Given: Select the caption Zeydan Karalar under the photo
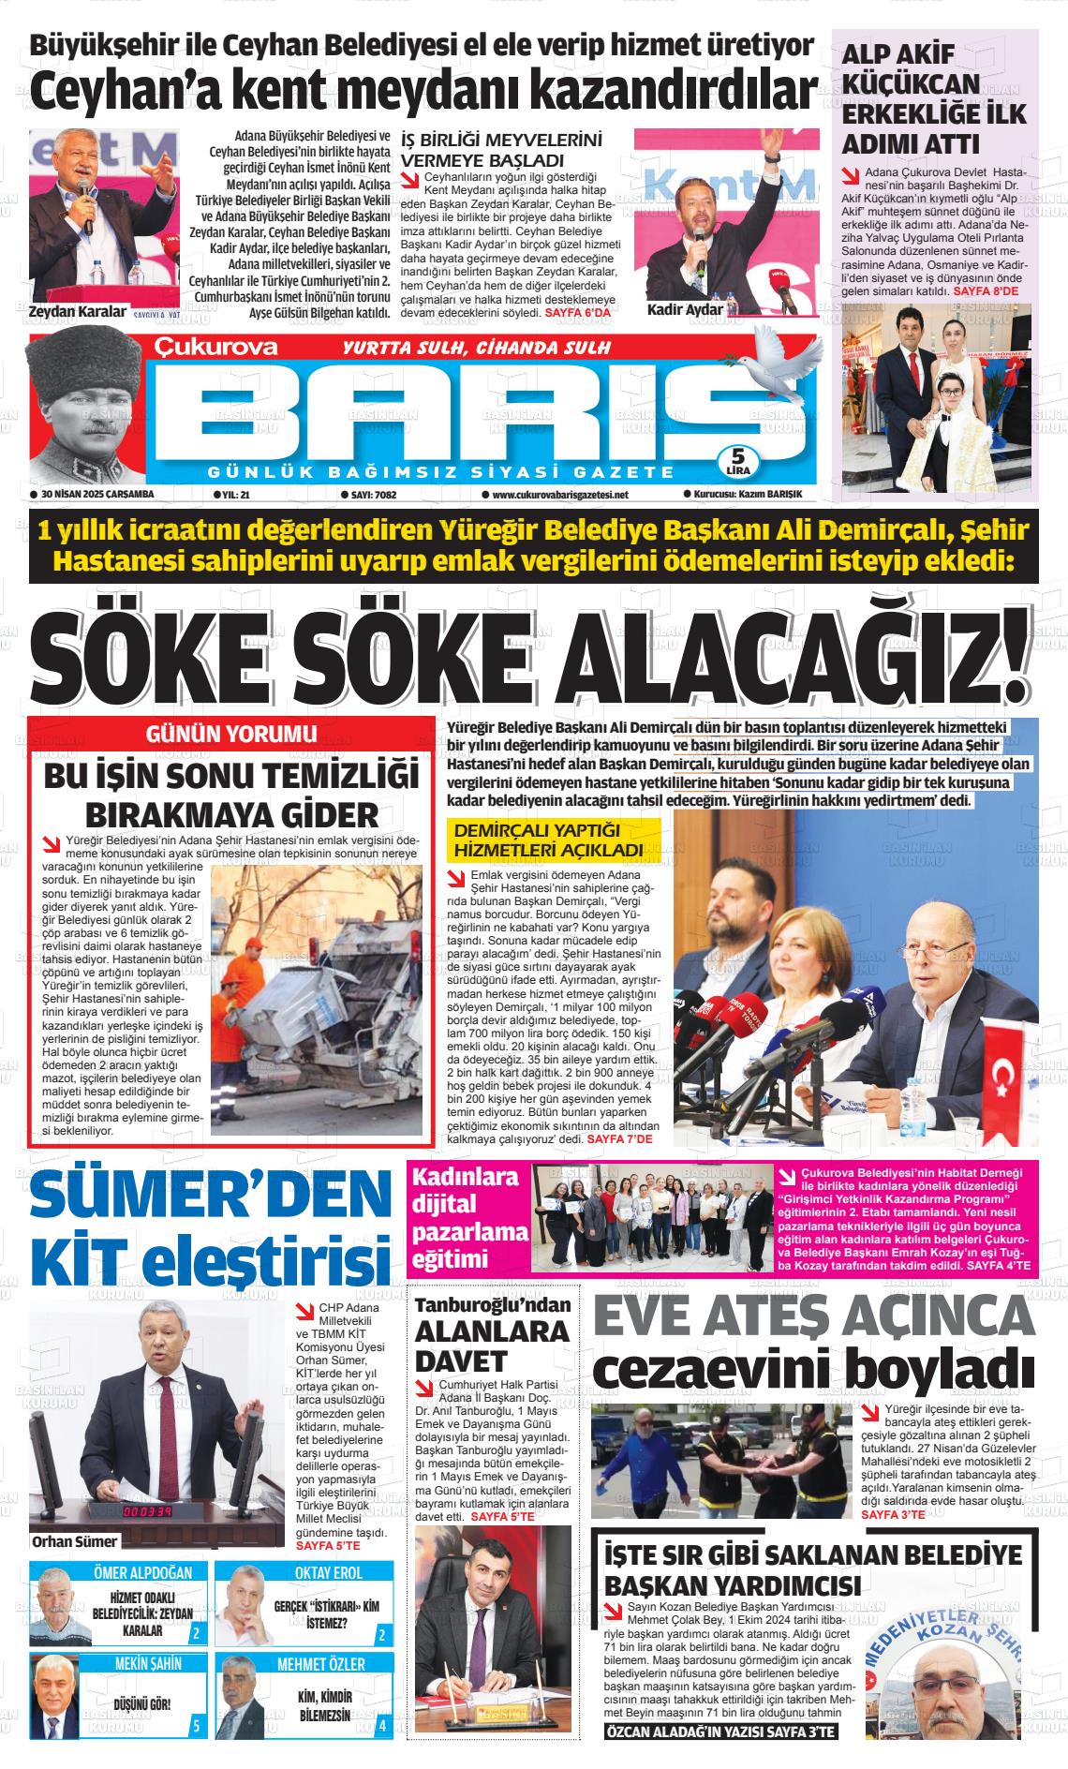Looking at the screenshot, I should pos(78,311).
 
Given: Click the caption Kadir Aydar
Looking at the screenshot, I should pos(685,310).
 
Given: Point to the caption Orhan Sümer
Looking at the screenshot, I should pos(74,1541).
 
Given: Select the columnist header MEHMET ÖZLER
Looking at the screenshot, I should pos(320,1664).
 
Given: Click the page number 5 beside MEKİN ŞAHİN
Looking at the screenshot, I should pos(195,1726).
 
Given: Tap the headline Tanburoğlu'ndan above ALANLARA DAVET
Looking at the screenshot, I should pos(493,1305).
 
